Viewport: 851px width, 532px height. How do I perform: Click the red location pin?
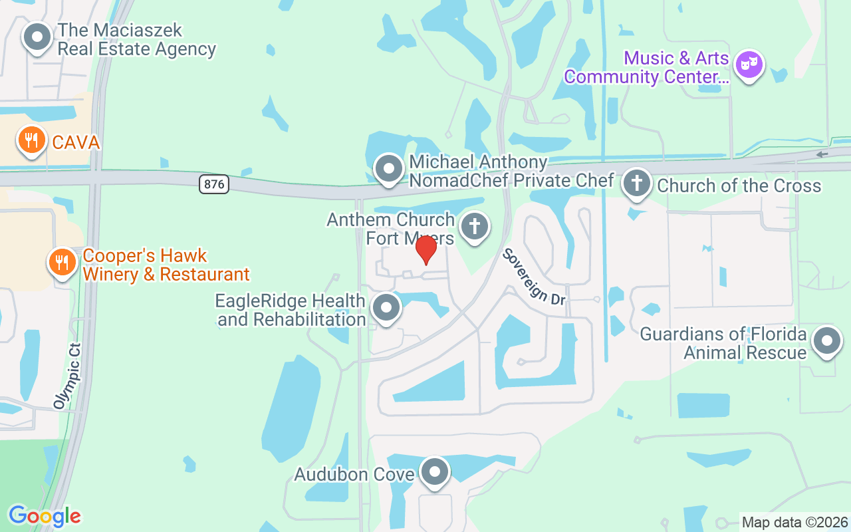click(425, 249)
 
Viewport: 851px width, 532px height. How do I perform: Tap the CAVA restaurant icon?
click(31, 140)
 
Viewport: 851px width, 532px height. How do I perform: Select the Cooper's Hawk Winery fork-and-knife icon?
click(62, 262)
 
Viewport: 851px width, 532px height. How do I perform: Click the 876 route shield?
click(214, 184)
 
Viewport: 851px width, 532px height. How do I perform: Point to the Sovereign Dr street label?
click(534, 277)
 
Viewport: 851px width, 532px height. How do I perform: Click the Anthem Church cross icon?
click(474, 226)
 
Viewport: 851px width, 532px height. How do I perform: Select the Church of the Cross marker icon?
click(637, 183)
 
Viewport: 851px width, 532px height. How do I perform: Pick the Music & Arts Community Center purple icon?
click(749, 65)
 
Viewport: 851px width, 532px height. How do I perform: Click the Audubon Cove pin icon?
click(435, 472)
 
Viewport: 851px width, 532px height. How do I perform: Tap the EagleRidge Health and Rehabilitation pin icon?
click(386, 308)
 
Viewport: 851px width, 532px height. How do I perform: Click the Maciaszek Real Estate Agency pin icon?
click(37, 37)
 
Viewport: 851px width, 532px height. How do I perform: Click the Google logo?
click(45, 516)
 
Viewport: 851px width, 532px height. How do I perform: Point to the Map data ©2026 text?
click(794, 522)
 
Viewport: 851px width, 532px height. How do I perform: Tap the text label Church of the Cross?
click(739, 186)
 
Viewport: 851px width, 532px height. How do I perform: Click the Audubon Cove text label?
click(354, 474)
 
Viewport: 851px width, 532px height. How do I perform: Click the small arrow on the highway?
click(822, 154)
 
